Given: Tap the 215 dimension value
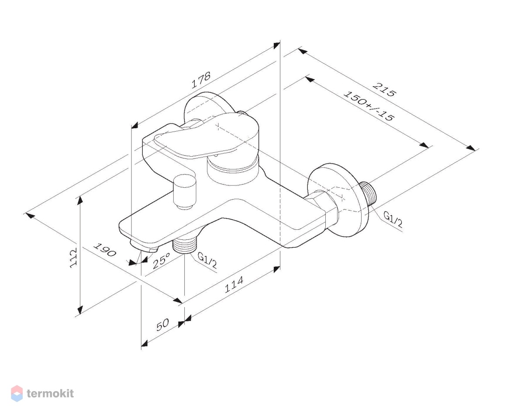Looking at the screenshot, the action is [384, 90].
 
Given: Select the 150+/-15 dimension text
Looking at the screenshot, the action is [368, 106].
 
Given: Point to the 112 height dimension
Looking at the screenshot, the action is [73, 258].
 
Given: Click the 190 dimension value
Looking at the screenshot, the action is [105, 250].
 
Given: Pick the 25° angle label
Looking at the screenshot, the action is [162, 260].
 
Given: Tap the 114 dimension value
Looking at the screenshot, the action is [234, 284].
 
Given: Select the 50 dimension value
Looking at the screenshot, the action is [162, 325].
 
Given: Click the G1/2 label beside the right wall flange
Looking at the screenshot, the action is [393, 219].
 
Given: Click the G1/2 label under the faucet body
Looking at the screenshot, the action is [207, 260].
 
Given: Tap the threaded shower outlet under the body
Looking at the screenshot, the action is [185, 245].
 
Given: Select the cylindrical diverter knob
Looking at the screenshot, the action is [185, 192].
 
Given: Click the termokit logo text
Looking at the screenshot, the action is [50, 393].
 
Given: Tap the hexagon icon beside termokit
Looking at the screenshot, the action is [17, 393].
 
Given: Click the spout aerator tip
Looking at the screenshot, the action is [144, 247].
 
